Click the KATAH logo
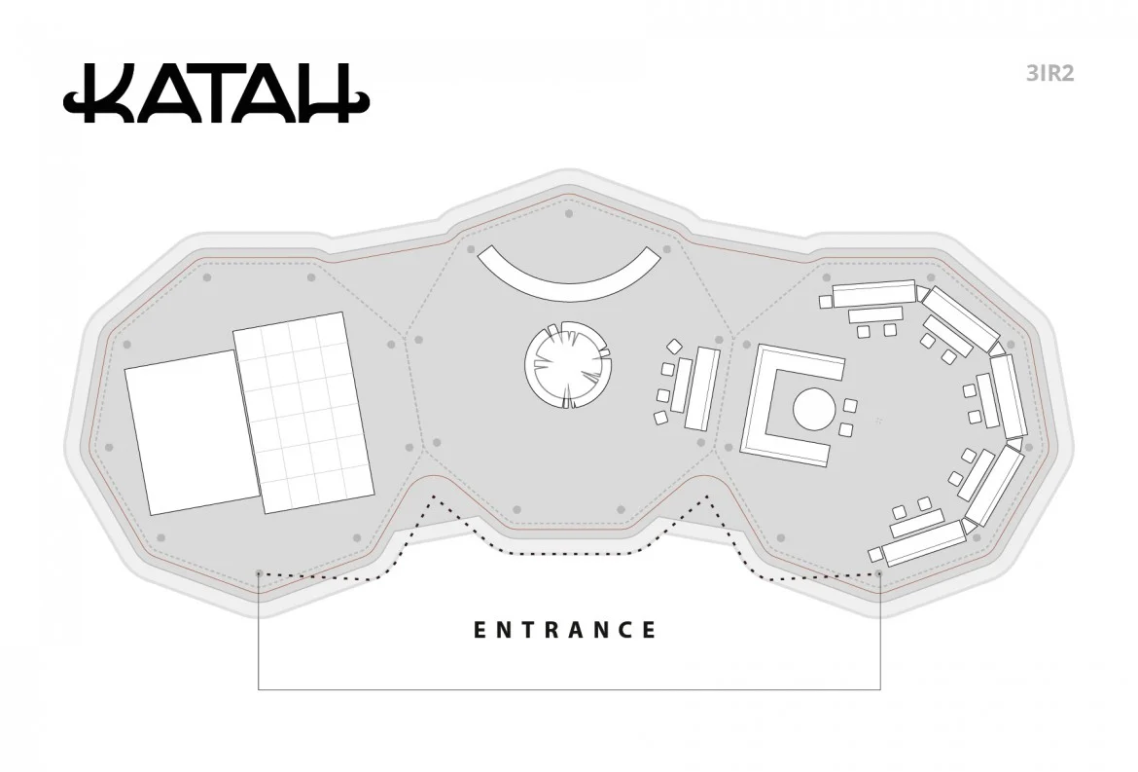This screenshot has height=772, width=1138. pyautogui.click(x=216, y=94)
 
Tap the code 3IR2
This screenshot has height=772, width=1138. pyautogui.click(x=1049, y=74)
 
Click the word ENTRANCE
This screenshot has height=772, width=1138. pyautogui.click(x=565, y=630)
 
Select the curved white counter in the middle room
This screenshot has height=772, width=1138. pyautogui.click(x=569, y=274)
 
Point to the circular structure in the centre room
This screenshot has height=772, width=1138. pyautogui.click(x=569, y=366)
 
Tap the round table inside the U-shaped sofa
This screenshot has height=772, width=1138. pyautogui.click(x=814, y=409)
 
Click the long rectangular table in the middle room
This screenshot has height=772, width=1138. pyautogui.click(x=700, y=388)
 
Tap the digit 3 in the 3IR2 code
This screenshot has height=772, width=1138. pyautogui.click(x=1033, y=74)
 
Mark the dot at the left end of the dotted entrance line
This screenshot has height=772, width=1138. pyautogui.click(x=259, y=573)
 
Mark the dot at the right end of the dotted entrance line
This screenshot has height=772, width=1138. pyautogui.click(x=879, y=573)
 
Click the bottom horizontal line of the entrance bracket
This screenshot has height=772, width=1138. pyautogui.click(x=569, y=689)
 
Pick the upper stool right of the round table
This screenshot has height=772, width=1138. pyautogui.click(x=850, y=405)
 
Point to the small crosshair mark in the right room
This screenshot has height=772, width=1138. pyautogui.click(x=878, y=421)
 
